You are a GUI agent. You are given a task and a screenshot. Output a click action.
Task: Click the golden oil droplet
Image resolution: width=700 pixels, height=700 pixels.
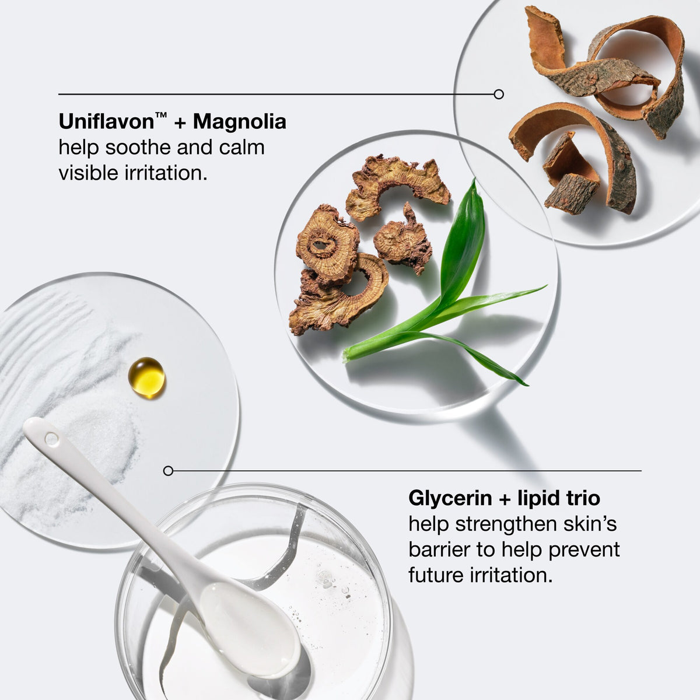tap(147, 378)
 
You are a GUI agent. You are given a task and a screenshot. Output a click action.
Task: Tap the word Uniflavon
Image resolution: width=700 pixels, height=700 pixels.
tap(106, 121)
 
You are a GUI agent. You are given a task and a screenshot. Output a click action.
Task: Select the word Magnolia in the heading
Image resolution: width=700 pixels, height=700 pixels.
tap(239, 123)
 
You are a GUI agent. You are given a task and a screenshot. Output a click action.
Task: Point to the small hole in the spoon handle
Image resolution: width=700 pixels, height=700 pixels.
tap(51, 439)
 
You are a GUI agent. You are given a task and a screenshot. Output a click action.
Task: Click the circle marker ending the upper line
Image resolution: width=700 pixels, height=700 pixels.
tap(499, 94)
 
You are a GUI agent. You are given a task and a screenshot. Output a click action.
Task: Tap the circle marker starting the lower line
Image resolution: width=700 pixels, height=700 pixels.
tap(168, 471)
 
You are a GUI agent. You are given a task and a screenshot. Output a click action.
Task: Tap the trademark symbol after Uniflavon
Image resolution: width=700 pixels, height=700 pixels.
tap(161, 116)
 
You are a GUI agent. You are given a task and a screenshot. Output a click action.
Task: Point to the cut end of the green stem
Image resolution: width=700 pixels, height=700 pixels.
tap(346, 355)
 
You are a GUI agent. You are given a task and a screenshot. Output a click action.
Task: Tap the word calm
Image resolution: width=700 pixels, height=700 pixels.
tap(242, 148)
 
